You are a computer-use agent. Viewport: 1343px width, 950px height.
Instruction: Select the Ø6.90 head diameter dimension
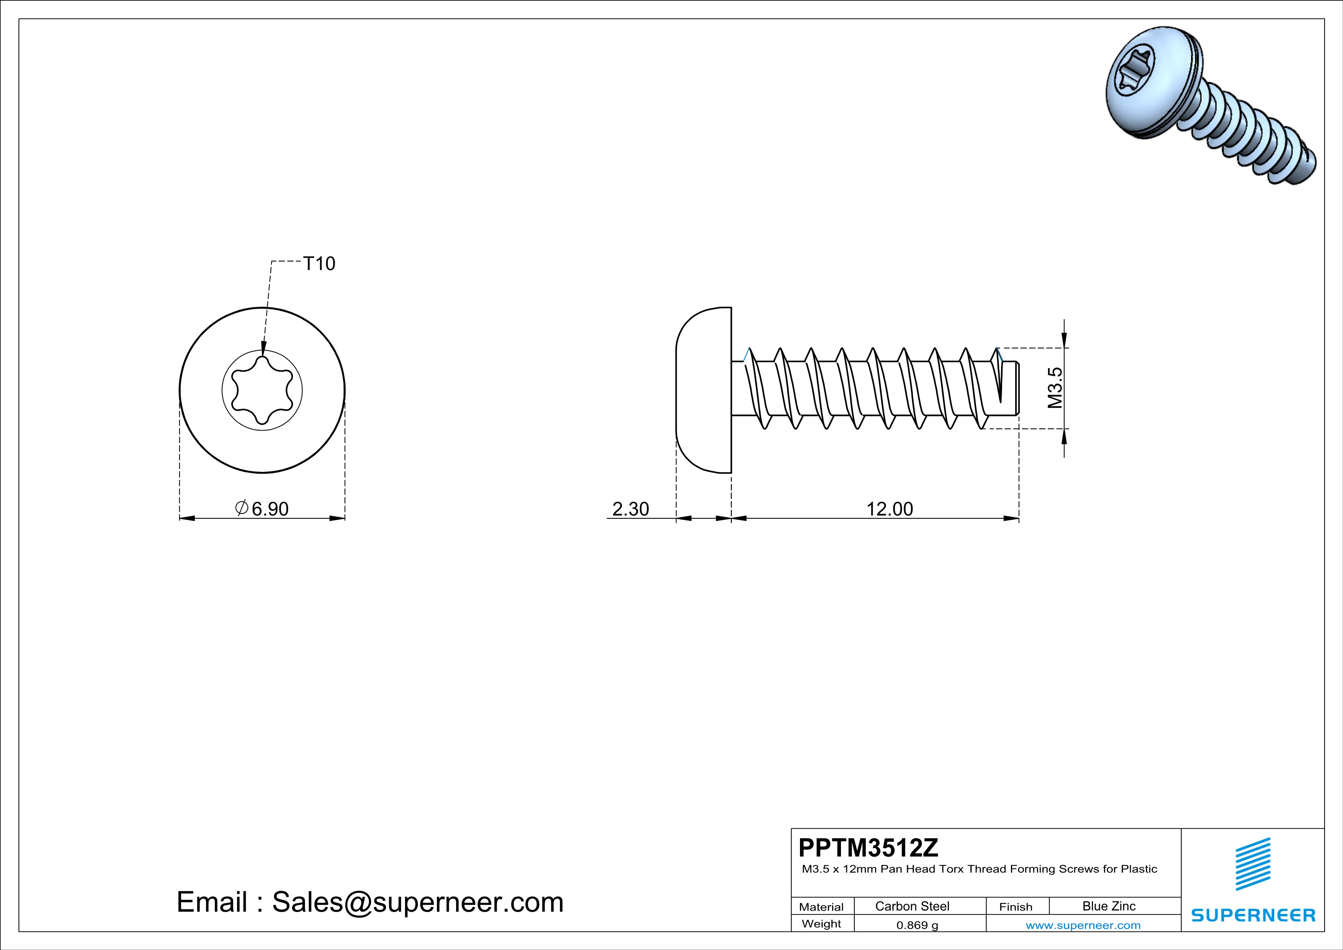pyautogui.click(x=263, y=508)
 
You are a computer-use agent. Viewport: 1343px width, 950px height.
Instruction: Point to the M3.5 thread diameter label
pyautogui.click(x=1055, y=387)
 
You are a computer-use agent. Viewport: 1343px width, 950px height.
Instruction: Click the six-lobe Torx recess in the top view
pyautogui.click(x=262, y=390)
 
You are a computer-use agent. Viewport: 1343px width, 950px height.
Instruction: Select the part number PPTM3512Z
pyautogui.click(x=868, y=848)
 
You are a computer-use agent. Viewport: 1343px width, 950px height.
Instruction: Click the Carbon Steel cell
pyautogui.click(x=912, y=906)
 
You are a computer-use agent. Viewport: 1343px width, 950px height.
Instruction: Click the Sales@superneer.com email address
pyautogui.click(x=417, y=902)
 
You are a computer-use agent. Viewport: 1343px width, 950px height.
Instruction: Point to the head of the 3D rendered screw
pyautogui.click(x=1149, y=82)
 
